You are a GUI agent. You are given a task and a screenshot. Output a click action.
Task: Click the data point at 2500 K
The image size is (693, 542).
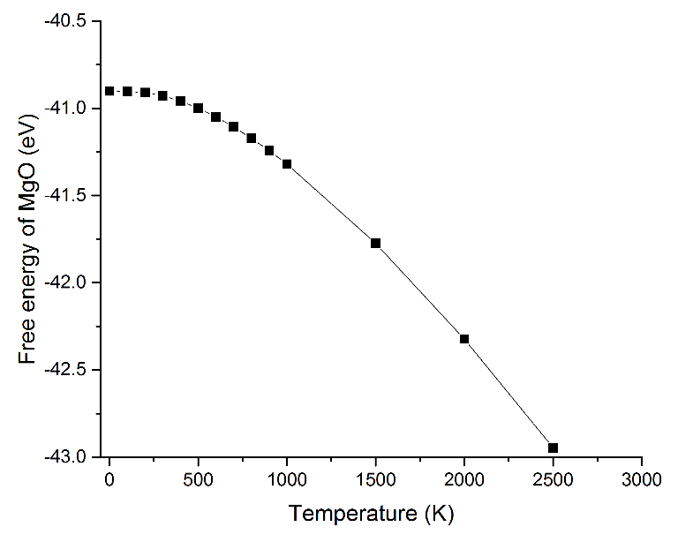tap(553, 448)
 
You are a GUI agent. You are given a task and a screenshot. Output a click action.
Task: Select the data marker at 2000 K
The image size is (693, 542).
tap(464, 339)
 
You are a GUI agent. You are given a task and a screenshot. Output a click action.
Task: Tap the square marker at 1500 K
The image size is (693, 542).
tap(375, 243)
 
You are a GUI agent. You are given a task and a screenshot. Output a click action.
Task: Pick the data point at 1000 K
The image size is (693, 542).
tap(287, 163)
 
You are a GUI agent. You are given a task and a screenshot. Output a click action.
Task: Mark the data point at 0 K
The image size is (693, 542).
tap(109, 91)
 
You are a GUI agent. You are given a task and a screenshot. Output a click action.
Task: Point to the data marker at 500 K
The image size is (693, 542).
tap(198, 108)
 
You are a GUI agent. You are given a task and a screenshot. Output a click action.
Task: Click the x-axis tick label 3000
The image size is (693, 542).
tap(642, 481)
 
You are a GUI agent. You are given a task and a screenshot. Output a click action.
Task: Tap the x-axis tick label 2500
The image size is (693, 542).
tap(553, 481)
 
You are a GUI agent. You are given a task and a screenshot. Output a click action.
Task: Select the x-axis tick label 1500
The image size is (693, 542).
tap(375, 481)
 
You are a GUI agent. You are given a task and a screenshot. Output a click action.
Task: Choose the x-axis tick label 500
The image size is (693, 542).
tap(198, 481)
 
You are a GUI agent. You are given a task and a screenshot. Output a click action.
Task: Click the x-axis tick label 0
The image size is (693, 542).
tap(109, 481)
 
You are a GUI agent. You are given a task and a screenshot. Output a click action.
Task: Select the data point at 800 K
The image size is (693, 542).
tap(252, 138)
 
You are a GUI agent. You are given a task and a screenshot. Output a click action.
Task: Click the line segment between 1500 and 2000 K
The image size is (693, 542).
tap(420, 290)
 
